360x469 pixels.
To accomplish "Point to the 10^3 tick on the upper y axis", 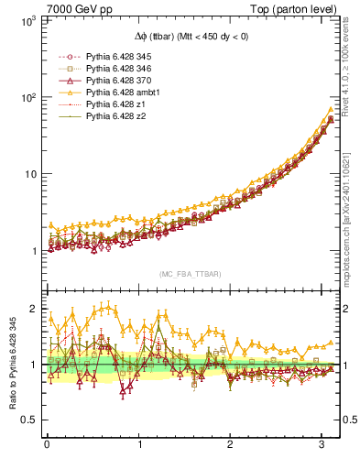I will point(27,20).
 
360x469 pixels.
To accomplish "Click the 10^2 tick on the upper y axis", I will point(27,97).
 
